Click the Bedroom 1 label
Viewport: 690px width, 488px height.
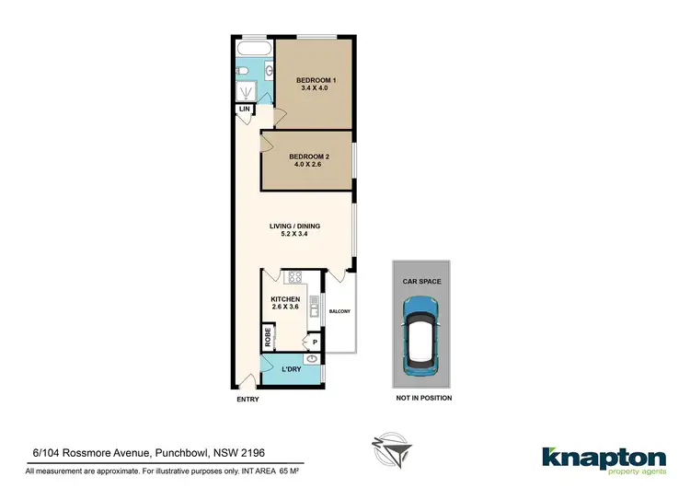point(316,81)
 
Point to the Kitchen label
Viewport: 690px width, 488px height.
point(284,300)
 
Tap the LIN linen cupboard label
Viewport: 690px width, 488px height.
point(244,110)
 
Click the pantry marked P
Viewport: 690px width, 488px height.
point(314,342)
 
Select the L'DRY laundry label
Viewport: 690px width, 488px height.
point(291,369)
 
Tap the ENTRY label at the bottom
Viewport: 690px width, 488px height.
point(247,400)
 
